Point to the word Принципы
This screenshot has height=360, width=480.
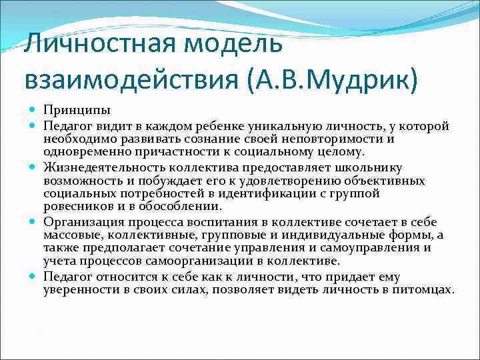[x=77, y=110]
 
